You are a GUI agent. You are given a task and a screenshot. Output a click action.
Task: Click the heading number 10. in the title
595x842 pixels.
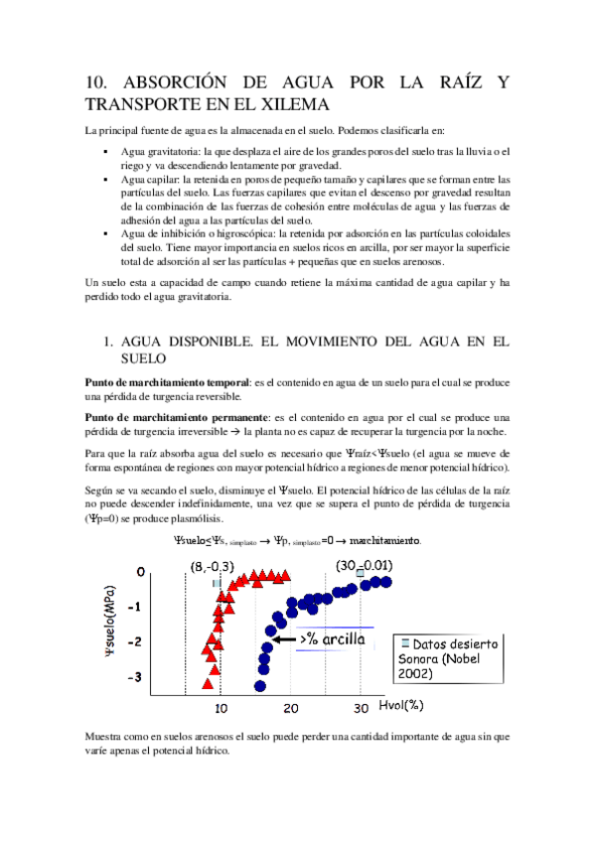click(x=99, y=83)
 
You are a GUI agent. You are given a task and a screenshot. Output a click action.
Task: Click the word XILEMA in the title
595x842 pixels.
click(x=293, y=104)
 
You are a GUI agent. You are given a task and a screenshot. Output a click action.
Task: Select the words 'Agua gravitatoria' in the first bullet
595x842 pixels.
click(x=157, y=151)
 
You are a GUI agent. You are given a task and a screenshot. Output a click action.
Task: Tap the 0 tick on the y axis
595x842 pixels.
click(x=142, y=572)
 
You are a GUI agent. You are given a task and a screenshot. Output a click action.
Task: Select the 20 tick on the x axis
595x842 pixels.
click(x=291, y=707)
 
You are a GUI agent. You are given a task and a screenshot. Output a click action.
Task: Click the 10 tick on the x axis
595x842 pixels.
click(x=221, y=707)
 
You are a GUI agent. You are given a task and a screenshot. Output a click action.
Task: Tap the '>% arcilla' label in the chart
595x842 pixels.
click(x=334, y=639)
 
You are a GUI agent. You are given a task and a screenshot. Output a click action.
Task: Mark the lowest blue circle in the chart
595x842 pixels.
click(x=260, y=685)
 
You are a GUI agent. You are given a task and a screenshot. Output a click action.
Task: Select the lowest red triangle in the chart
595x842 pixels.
click(x=208, y=683)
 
